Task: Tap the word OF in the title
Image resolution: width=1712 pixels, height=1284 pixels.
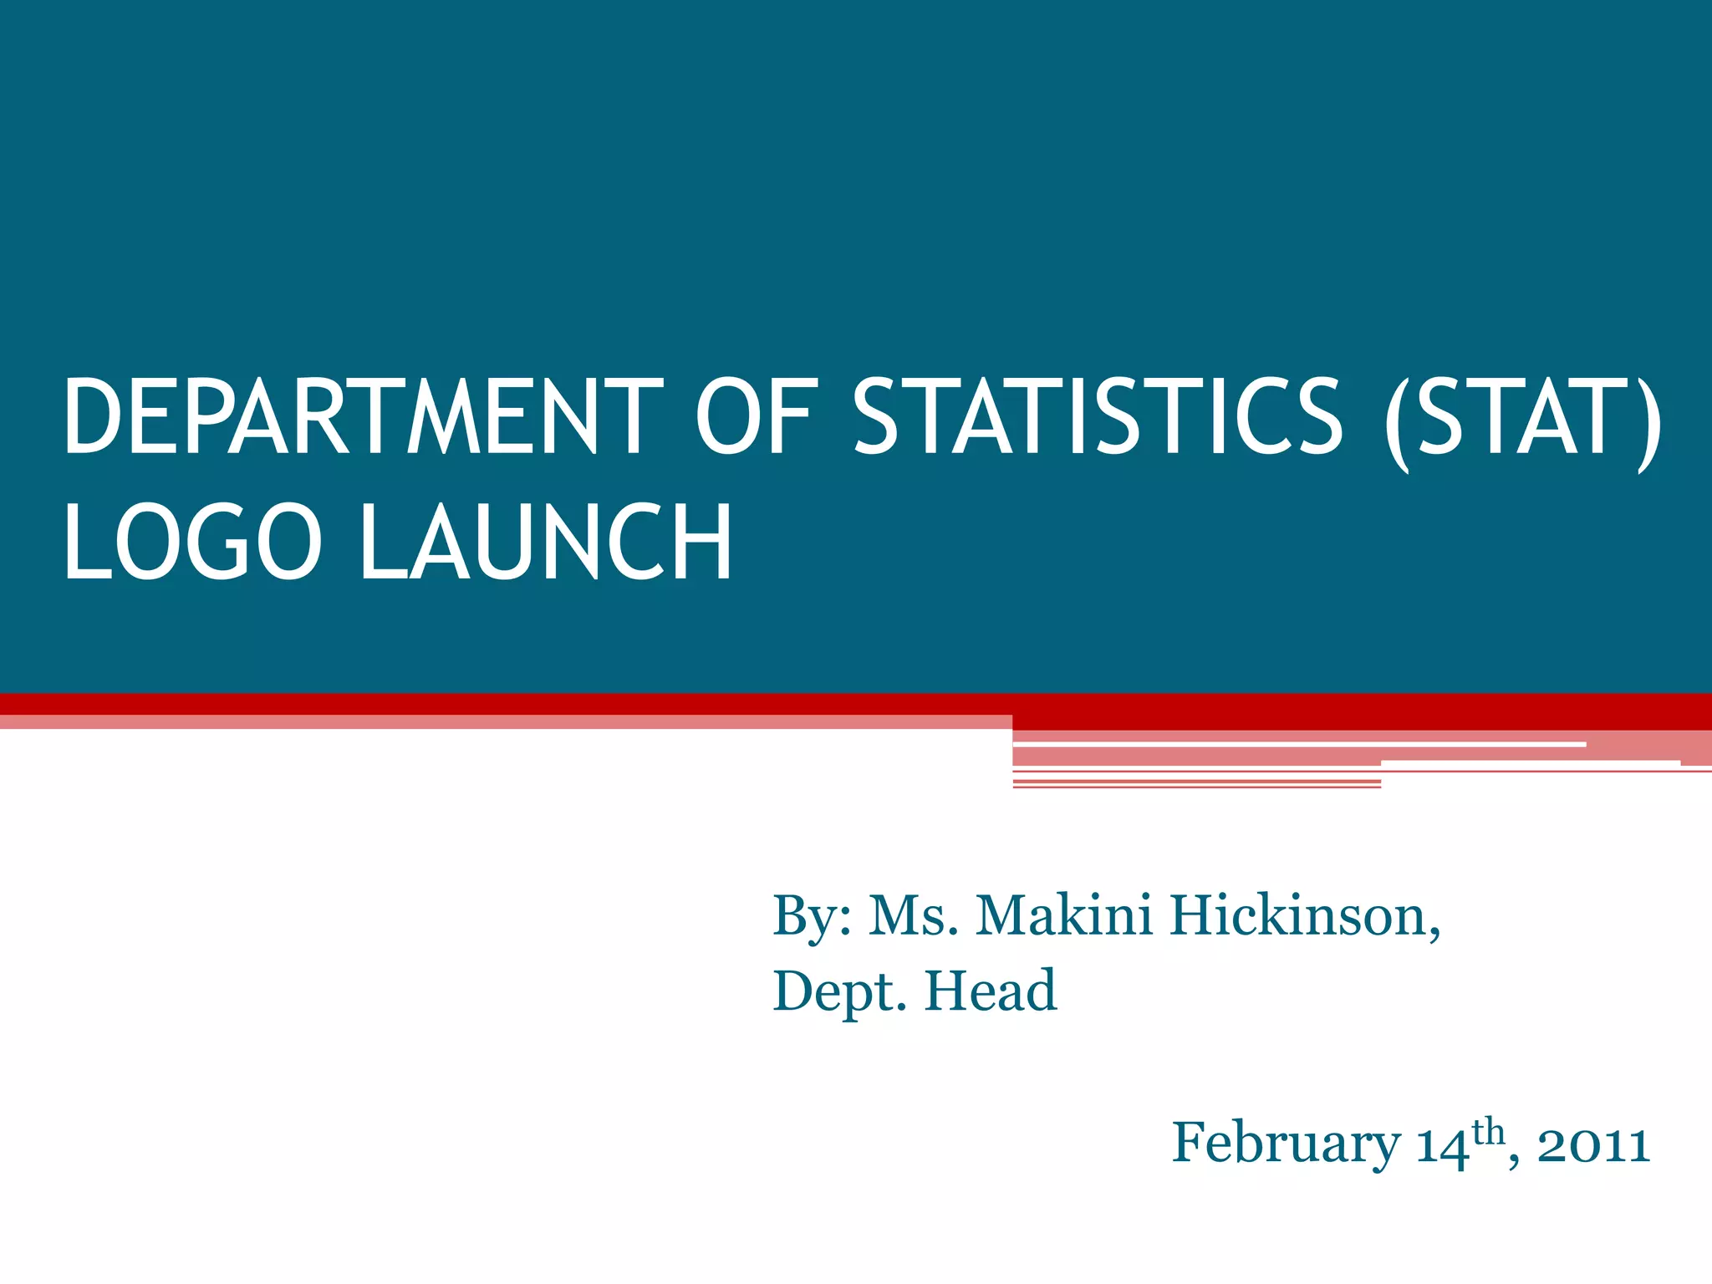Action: (x=754, y=416)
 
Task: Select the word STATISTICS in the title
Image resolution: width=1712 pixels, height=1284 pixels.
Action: (x=1098, y=416)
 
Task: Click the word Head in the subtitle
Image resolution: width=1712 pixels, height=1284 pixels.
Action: (x=991, y=991)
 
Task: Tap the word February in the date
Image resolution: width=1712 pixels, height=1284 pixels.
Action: (x=1286, y=1144)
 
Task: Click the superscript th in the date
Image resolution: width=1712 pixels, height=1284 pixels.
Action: (x=1489, y=1133)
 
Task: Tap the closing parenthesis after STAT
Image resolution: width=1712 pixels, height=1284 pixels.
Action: (x=1648, y=422)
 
